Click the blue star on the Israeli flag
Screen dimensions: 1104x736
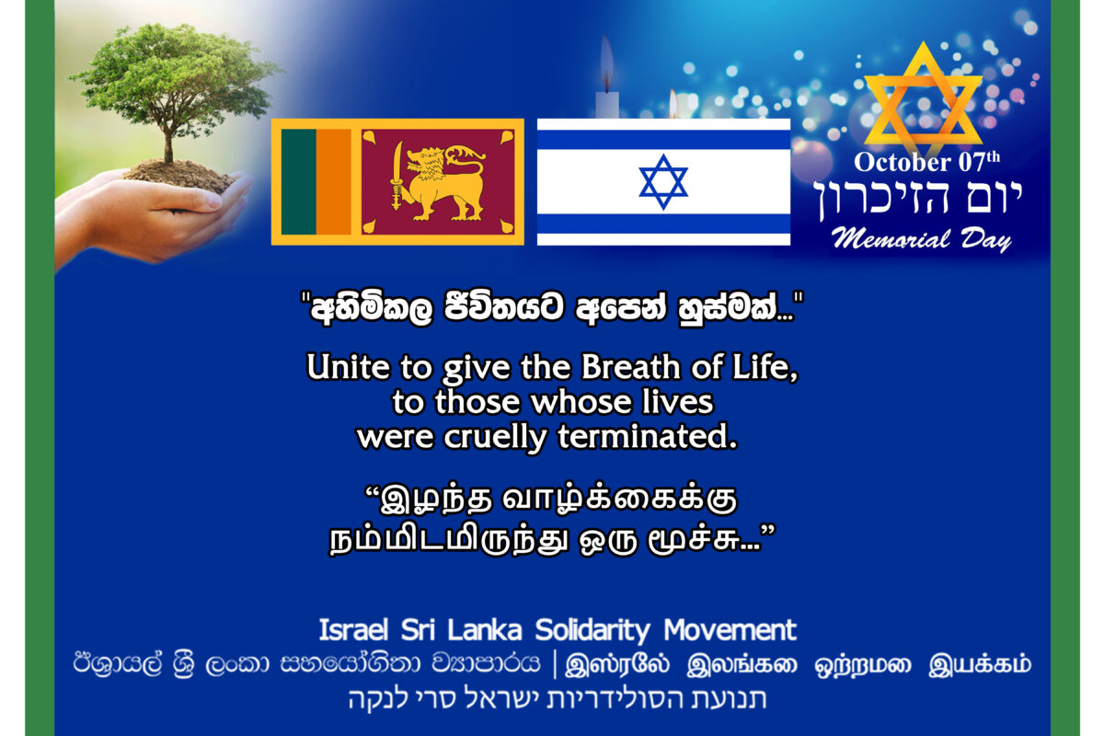[x=663, y=182]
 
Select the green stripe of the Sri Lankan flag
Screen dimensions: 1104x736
[x=299, y=182]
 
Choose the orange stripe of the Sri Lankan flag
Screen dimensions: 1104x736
[x=334, y=182]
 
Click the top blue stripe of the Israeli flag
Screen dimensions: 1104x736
[x=663, y=140]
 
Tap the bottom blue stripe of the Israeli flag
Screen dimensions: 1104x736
[x=663, y=224]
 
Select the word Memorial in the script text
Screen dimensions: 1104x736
[x=891, y=239]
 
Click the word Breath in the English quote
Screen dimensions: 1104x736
[x=630, y=367]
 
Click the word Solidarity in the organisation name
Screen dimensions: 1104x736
[x=592, y=630]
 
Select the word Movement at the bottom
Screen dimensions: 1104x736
[x=730, y=629]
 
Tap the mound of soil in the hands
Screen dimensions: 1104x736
[x=180, y=174]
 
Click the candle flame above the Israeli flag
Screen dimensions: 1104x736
[x=607, y=62]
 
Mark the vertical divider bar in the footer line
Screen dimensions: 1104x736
[x=555, y=664]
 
